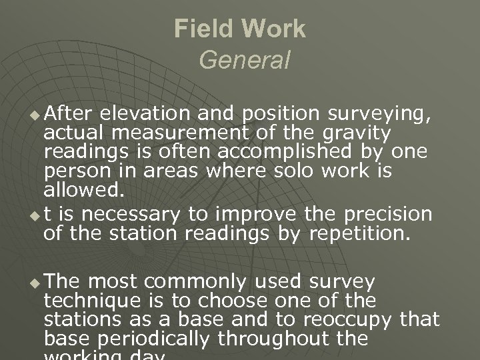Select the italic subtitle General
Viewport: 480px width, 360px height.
tap(244, 61)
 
